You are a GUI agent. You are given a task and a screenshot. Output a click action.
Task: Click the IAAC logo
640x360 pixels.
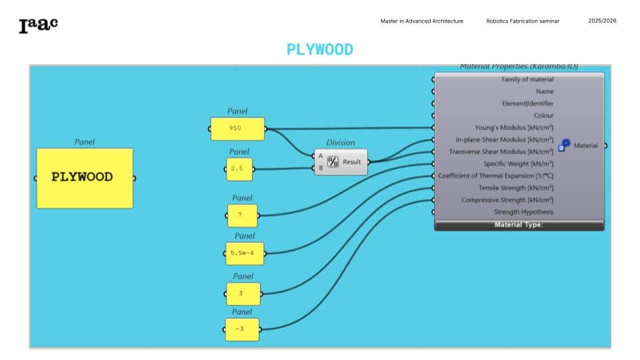pos(39,25)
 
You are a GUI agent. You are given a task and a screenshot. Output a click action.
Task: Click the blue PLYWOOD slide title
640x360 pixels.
pos(320,50)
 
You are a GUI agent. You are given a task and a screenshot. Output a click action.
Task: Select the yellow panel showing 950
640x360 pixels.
pos(237,129)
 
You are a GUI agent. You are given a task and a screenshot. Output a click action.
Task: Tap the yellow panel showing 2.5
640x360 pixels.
pos(239,169)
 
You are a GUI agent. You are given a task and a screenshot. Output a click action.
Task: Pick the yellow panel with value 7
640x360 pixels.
pos(243,215)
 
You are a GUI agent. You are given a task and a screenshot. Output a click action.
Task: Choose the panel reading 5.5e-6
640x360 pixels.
pos(245,253)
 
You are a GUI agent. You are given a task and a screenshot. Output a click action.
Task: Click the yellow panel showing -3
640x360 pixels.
pos(242,329)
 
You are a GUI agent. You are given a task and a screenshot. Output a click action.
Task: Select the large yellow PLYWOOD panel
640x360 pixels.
pos(85,178)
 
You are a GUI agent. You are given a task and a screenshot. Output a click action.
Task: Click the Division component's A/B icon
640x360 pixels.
pos(333,162)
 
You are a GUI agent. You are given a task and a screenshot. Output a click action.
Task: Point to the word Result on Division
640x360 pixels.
pos(351,162)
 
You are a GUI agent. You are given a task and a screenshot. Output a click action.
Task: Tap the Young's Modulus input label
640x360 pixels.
pos(514,128)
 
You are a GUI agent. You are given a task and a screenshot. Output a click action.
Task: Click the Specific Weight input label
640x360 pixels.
pos(519,164)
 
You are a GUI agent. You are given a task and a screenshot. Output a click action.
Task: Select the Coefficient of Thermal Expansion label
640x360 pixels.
pos(495,176)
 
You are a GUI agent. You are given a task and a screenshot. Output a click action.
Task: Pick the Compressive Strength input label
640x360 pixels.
pos(507,200)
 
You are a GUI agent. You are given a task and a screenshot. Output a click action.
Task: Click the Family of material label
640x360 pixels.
pos(527,79)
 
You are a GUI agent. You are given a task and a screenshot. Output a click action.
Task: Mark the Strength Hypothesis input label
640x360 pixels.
pos(524,212)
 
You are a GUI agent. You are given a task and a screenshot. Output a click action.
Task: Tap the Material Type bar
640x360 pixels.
pos(519,225)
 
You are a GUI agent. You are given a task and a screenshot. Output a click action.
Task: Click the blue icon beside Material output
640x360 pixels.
pos(564,145)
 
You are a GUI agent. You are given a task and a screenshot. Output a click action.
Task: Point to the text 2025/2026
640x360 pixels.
pos(602,21)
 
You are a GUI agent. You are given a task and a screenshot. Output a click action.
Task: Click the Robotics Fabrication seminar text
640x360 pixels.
pos(523,21)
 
